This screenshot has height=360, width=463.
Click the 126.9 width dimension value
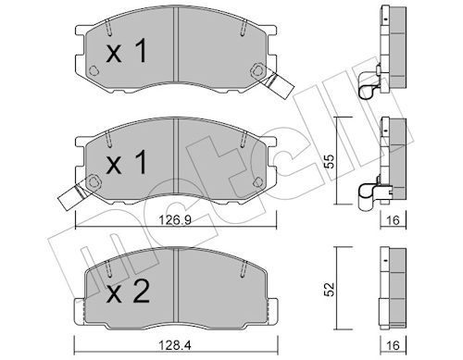coord(175,220)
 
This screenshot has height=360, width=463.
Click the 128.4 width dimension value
coord(175,345)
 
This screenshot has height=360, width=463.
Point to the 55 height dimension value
coord(331,161)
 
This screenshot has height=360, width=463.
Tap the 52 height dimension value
coord(331,289)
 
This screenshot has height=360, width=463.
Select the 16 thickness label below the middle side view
coord(393,220)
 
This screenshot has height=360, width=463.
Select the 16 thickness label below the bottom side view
coord(393,345)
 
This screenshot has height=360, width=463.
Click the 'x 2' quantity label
coord(128,291)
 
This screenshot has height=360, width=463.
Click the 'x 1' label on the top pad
coord(126,52)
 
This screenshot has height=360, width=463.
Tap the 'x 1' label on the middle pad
coord(126,162)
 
